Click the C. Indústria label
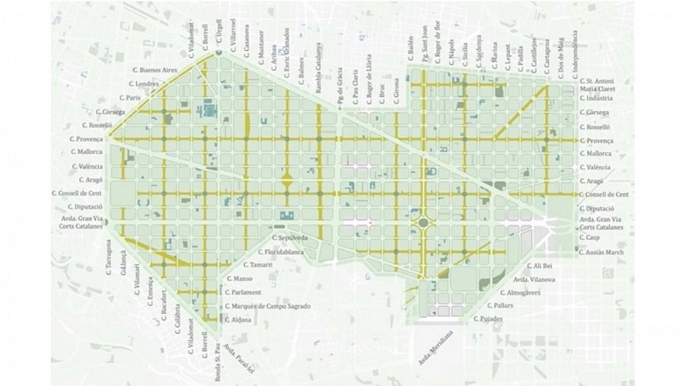point(600,98)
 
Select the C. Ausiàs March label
point(604,251)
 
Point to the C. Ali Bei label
point(542,266)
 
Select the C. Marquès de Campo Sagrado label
point(267,306)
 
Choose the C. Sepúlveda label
point(290,238)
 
